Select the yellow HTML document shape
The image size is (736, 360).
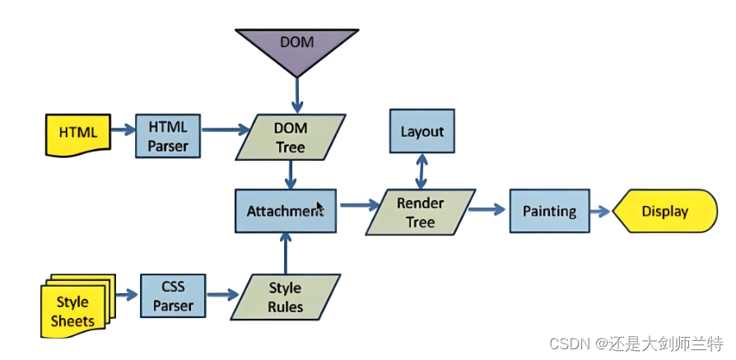78,134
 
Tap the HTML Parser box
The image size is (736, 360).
168,136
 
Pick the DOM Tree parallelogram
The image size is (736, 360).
291,138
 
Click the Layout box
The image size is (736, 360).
422,131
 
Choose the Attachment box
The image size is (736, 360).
286,211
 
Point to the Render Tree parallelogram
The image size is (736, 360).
421,212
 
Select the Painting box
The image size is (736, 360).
550,211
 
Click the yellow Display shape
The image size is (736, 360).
665,211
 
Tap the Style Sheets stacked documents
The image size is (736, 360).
77,306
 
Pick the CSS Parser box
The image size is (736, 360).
173,296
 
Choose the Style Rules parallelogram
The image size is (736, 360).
286,297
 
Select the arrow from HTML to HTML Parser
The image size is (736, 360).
123,129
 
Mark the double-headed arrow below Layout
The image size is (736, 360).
422,171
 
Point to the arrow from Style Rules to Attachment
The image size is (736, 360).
286,253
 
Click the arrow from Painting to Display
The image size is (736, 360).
600,211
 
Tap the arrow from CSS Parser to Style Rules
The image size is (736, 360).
222,295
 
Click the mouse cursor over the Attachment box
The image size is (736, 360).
320,208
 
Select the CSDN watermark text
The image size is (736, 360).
636,344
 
